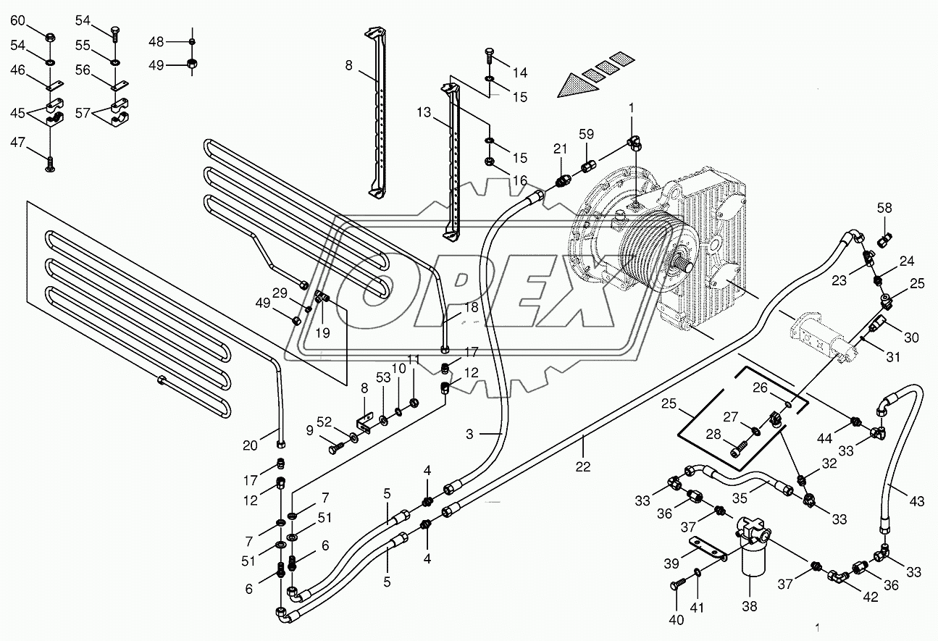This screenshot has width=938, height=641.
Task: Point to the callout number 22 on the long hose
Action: pyautogui.click(x=583, y=467)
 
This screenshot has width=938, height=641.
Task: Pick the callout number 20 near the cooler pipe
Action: pyautogui.click(x=250, y=446)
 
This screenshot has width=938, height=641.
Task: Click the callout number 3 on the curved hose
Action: pyautogui.click(x=469, y=434)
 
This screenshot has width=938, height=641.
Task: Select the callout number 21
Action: pyautogui.click(x=559, y=149)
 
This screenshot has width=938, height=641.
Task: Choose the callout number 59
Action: pyautogui.click(x=586, y=134)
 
